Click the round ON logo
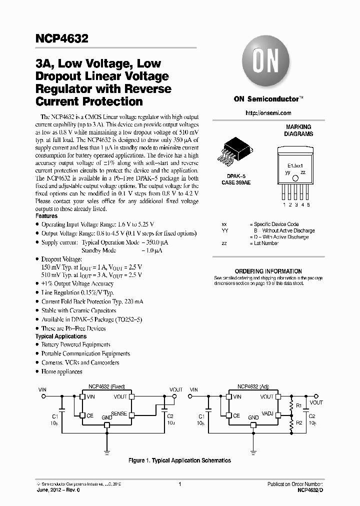coord(264,63)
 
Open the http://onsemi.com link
coord(268,113)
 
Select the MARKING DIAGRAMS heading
coord(298,130)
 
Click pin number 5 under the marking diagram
coord(308,204)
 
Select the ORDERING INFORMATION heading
coord(268,271)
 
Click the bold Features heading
coord(46,215)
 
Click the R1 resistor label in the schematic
coord(298,405)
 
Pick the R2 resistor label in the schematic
coord(298,423)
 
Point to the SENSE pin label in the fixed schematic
coord(118,414)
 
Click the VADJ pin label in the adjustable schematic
coord(267,414)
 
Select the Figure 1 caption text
coord(179,460)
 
